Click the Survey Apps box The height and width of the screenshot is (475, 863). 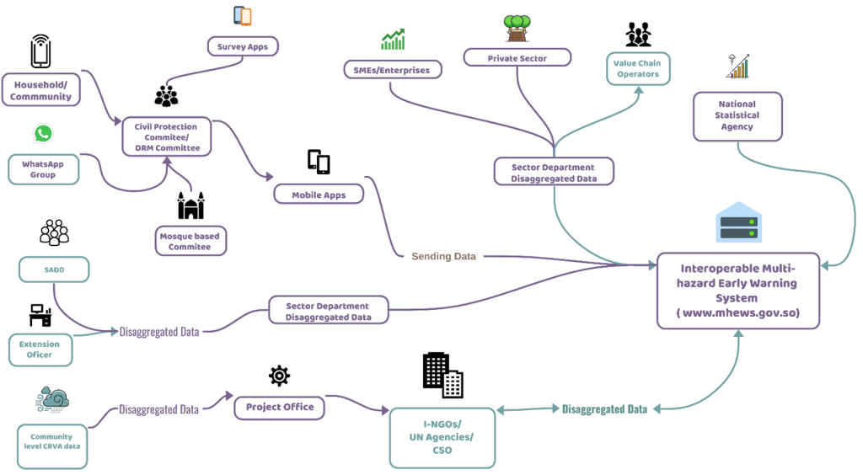coord(243,46)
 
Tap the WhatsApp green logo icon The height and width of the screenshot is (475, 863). coord(43,134)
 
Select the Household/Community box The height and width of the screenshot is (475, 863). coord(40,90)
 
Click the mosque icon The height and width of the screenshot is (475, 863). coord(190,205)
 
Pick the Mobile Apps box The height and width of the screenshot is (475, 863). coord(319,195)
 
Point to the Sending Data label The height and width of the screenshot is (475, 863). coord(443,256)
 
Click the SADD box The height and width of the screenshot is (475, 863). coord(54,270)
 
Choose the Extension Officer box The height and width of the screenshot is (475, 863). coord(40,350)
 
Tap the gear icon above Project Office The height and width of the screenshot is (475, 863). coord(279,376)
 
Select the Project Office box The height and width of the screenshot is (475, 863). coord(280,408)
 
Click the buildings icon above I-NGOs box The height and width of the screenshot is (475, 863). coord(442,375)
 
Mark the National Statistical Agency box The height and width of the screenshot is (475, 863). coord(737,116)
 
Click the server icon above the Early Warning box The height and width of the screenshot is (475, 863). coord(738,222)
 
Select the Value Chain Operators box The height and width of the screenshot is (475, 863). coord(638,69)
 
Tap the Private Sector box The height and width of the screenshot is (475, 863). coord(517,58)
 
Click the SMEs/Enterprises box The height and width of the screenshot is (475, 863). coord(393,70)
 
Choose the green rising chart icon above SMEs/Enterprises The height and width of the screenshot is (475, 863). coord(393,39)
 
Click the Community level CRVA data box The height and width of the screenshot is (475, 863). coord(51,446)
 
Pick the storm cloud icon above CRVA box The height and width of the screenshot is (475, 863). coord(52,400)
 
